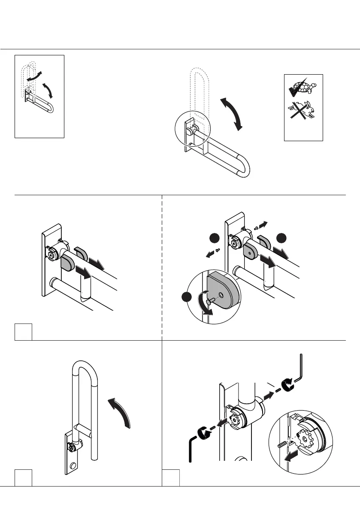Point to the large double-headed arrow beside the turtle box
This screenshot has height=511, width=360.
pyautogui.click(x=231, y=113)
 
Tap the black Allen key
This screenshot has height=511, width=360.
pyautogui.click(x=193, y=447)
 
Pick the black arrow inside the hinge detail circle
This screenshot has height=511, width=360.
pyautogui.click(x=292, y=457)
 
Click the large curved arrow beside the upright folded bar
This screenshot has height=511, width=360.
pyautogui.click(x=119, y=412)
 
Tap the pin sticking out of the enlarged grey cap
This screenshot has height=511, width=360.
pyautogui.click(x=208, y=302)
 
